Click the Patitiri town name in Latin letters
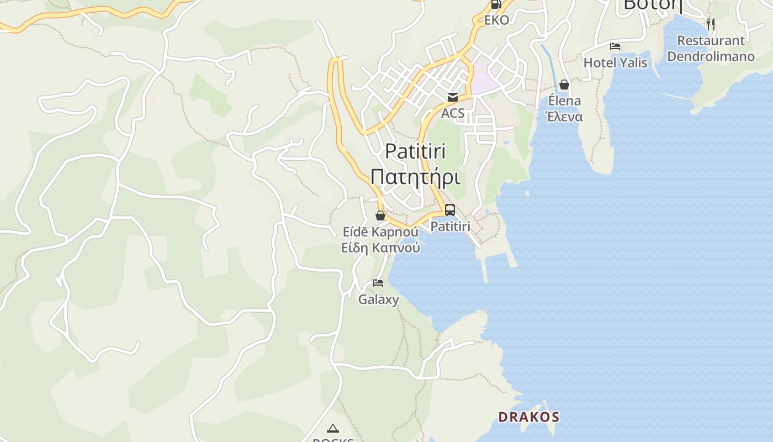(x=415, y=151)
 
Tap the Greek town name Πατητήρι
(x=415, y=177)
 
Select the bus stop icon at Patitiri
(x=450, y=210)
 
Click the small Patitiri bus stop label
(x=450, y=227)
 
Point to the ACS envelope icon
(x=453, y=98)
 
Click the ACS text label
(x=453, y=114)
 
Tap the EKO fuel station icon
(x=496, y=4)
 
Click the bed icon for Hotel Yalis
(x=615, y=46)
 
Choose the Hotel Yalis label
(x=615, y=63)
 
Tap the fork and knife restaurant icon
(x=711, y=24)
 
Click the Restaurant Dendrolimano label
(x=711, y=49)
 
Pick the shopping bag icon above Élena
(x=564, y=85)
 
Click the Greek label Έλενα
(x=564, y=117)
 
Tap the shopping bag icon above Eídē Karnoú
(x=380, y=215)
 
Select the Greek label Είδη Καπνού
(x=380, y=248)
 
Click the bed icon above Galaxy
(x=378, y=283)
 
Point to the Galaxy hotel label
(x=378, y=300)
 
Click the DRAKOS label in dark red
(x=529, y=417)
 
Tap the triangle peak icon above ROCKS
(x=332, y=428)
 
